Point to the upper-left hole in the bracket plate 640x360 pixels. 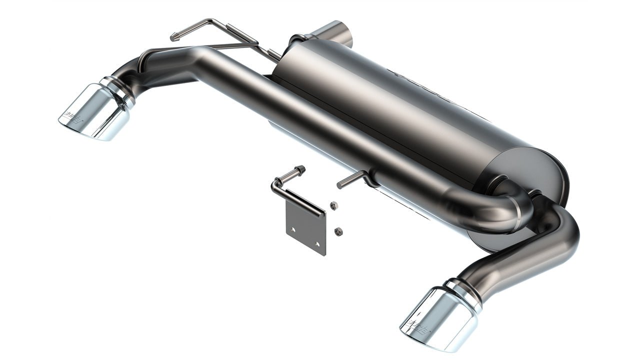coord(293,229)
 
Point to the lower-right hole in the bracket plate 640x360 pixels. coord(317,244)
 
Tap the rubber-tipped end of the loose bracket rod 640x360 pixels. coord(300,170)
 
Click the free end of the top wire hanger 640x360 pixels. coord(174,36)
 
